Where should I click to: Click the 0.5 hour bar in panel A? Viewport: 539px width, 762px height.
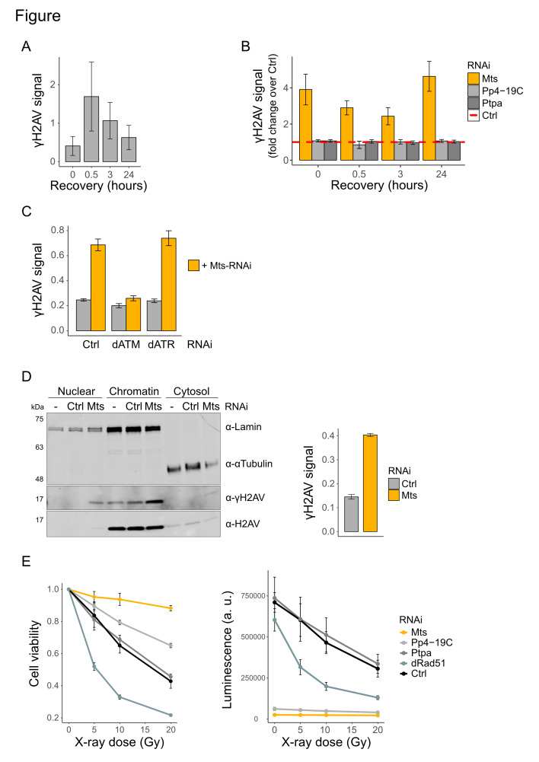91,129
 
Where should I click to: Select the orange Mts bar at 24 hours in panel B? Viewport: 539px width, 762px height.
429,118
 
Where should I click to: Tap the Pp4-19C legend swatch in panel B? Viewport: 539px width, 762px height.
474,91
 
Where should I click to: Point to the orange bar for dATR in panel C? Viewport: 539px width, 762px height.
169,284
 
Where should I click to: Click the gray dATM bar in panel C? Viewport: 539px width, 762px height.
119,318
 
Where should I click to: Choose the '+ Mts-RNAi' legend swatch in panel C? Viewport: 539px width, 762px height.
193,266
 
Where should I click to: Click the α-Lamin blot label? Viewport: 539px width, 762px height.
244,427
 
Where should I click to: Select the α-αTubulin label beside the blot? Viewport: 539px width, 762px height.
249,464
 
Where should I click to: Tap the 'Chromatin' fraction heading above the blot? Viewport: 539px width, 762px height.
134,391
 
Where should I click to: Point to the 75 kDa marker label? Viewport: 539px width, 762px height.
40,419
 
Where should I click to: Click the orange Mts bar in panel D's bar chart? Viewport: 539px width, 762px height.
370,483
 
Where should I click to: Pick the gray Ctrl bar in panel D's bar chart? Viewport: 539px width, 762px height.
352,514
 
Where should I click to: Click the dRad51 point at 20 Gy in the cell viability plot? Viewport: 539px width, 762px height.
171,715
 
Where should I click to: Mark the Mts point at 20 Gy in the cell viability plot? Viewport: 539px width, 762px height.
171,608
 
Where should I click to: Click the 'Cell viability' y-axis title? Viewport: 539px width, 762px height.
34,653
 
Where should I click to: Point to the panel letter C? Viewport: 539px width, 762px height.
27,212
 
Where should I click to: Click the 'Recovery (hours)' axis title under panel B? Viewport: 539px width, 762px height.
380,185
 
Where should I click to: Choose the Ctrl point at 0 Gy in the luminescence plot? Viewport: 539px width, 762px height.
275,603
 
